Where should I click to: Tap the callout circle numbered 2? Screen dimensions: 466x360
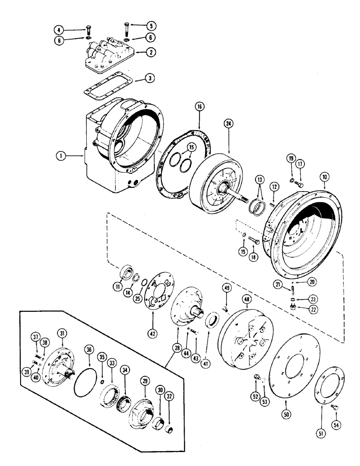click(150, 52)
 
